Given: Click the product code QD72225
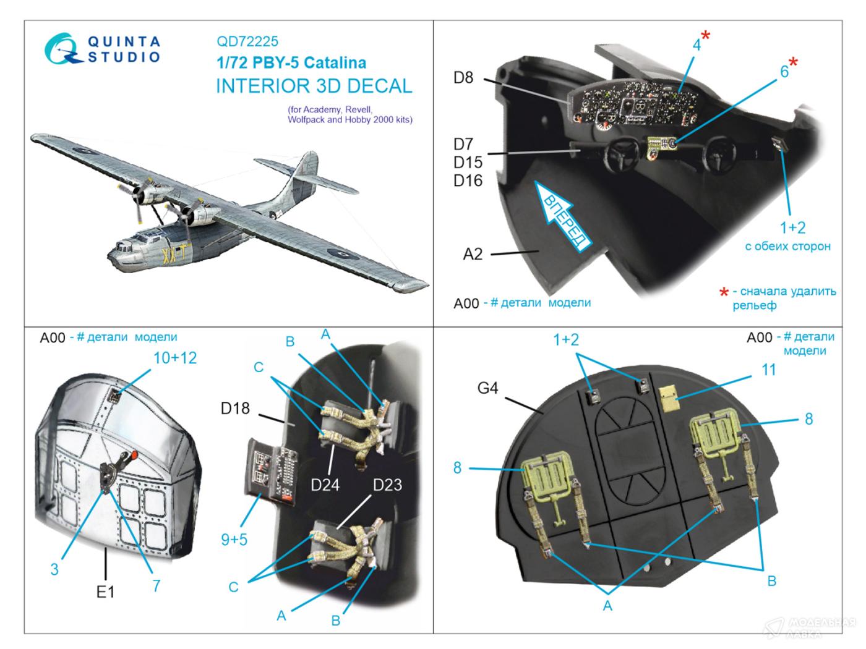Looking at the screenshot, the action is [x=247, y=41].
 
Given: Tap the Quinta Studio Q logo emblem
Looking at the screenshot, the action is [x=62, y=49].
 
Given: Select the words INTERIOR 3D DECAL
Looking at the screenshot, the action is [x=314, y=87].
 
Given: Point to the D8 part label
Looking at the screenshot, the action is [x=463, y=78].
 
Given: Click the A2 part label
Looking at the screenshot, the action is [x=472, y=254].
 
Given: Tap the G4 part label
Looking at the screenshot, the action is [x=487, y=388].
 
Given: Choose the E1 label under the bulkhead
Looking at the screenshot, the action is [x=105, y=592].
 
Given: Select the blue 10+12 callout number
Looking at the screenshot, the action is [x=175, y=358].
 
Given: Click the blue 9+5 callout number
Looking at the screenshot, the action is [x=234, y=540].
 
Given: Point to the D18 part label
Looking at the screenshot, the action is [x=235, y=408].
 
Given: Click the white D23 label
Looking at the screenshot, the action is [x=387, y=485].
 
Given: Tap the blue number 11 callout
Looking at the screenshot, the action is [x=768, y=370].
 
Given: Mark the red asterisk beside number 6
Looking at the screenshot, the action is [x=792, y=62].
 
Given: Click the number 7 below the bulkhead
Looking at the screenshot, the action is [x=156, y=585].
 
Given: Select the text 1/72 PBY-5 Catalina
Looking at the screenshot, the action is [x=291, y=63].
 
